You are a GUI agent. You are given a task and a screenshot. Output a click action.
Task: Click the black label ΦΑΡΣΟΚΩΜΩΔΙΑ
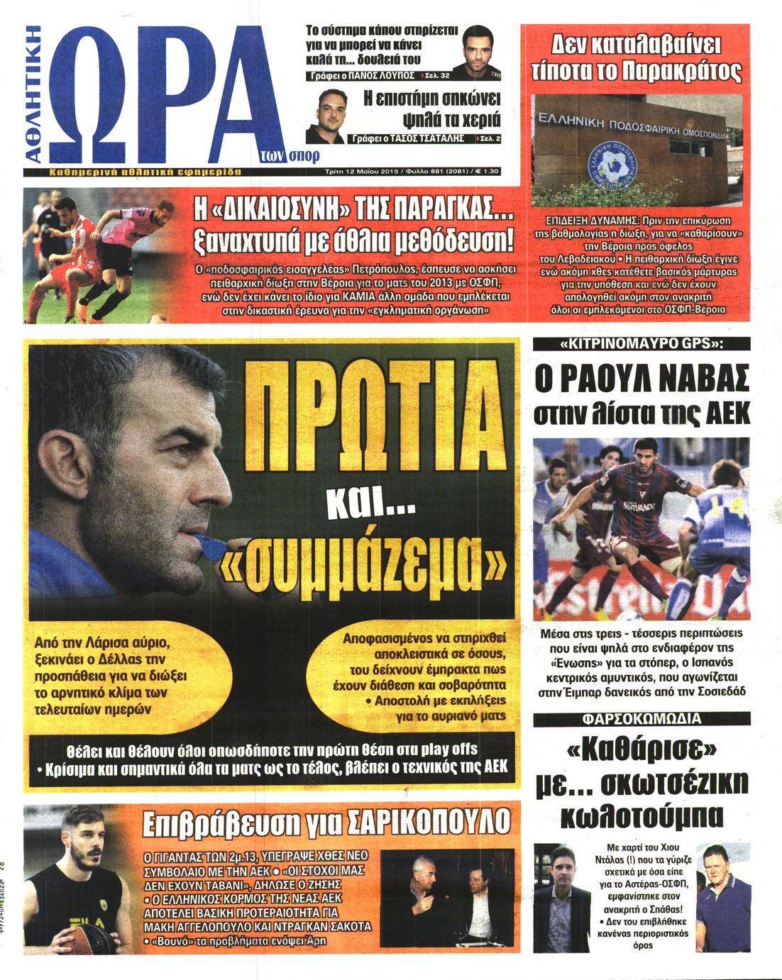pos(641,719)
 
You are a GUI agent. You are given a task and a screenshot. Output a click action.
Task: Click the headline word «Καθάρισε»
pos(641,750)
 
